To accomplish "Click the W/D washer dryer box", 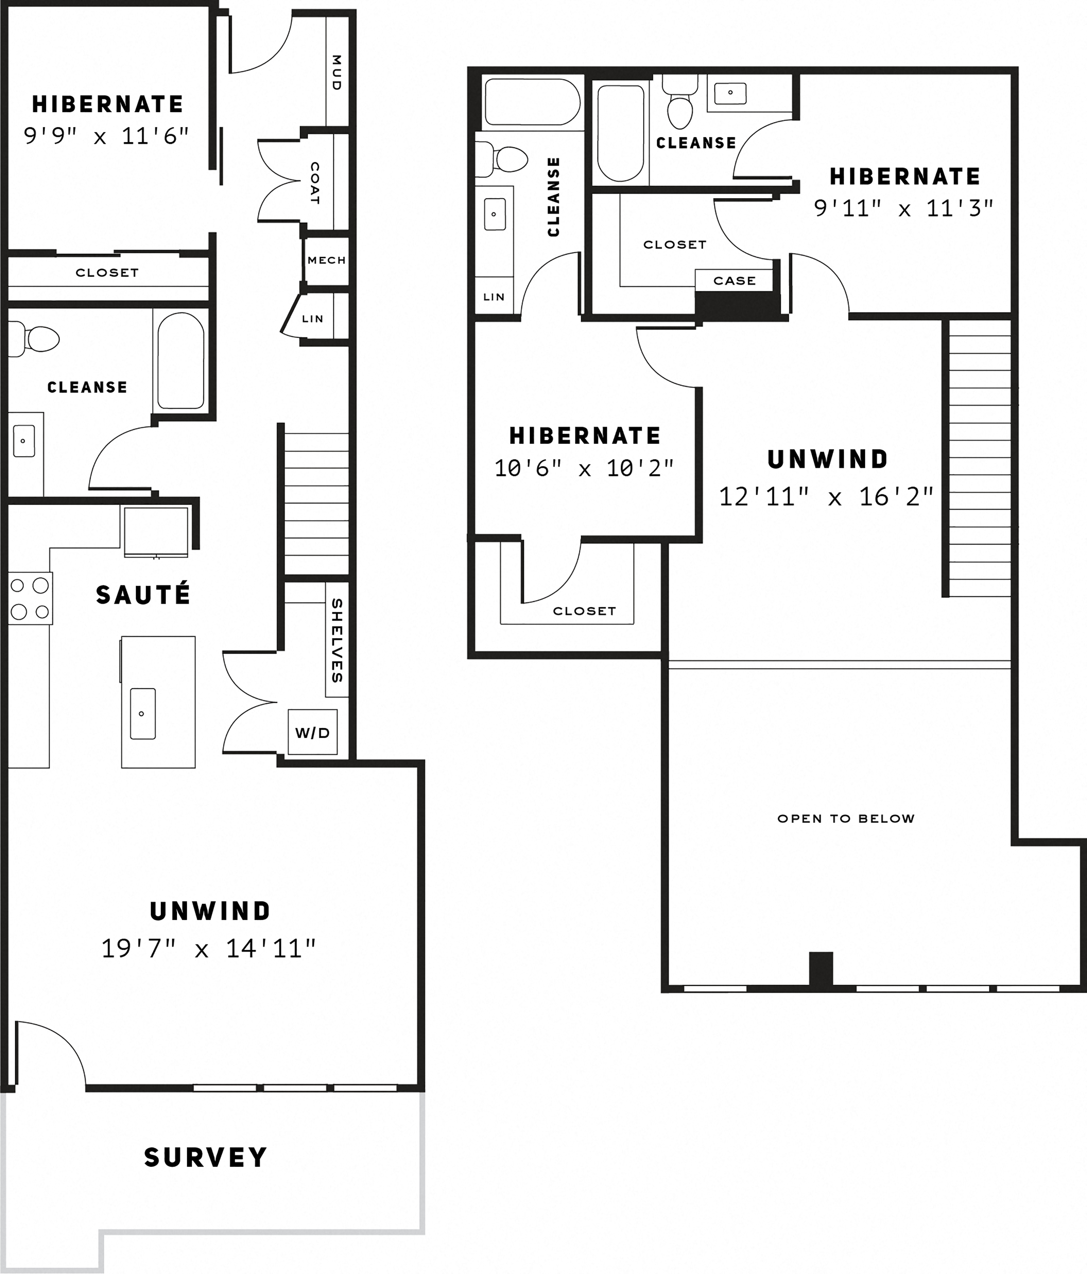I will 312,732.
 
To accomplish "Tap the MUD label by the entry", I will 336,72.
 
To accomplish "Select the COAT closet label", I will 314,183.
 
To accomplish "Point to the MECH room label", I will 326,260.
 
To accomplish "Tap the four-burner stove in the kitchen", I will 29,598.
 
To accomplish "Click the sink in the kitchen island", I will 143,713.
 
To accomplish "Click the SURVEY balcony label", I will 205,1157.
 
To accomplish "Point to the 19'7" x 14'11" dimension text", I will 208,948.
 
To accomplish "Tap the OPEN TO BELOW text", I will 845,819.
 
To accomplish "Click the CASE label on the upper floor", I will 734,280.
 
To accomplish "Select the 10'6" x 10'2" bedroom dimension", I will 584,469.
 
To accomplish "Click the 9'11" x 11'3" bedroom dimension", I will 903,208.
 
